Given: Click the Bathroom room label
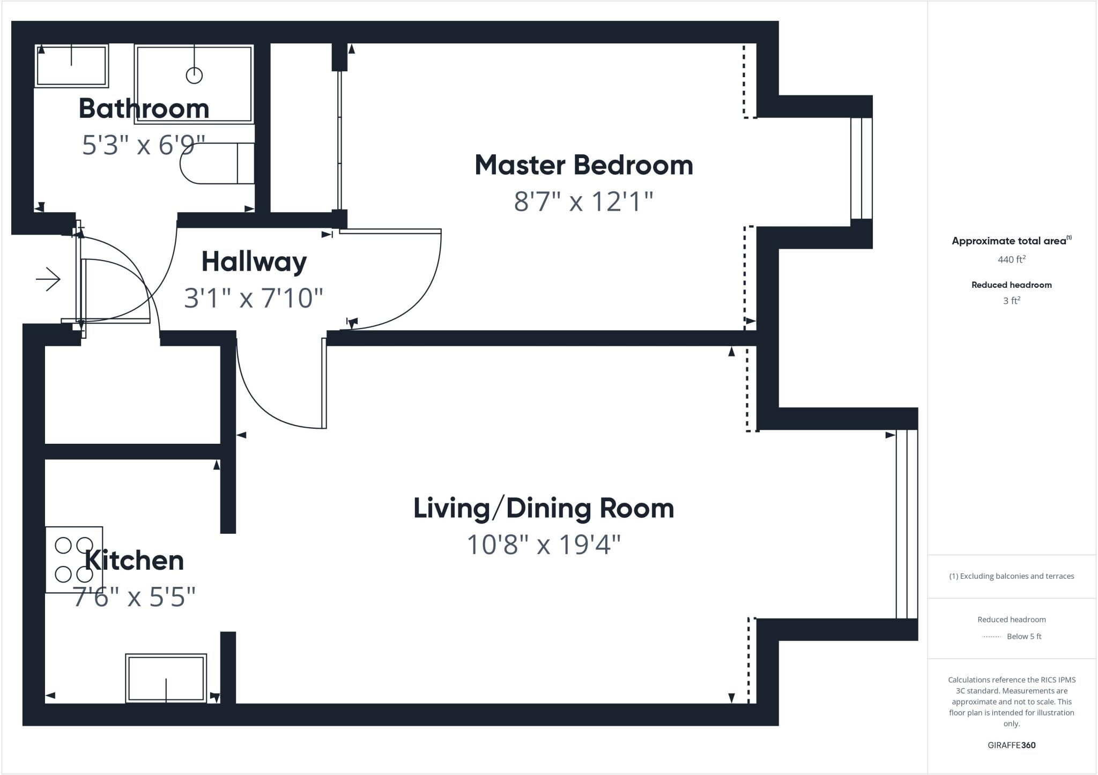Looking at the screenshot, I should (144, 109).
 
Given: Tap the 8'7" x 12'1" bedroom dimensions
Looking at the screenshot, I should (583, 202).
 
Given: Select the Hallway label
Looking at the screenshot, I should (254, 262).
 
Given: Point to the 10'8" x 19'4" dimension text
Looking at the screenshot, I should (543, 545).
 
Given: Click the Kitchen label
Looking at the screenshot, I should (134, 561).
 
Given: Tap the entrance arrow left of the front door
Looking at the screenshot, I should (48, 279).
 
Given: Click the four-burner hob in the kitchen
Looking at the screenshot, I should (74, 560).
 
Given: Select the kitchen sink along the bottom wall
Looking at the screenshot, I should (166, 678).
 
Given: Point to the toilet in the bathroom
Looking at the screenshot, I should (217, 163).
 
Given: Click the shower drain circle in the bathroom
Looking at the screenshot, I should (194, 76).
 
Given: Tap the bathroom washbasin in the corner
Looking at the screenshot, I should (71, 65).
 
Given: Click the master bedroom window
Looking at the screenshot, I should (861, 168).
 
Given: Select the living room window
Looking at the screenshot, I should (906, 524).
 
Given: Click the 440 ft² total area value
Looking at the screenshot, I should (1011, 259).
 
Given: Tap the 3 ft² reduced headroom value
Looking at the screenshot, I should (1011, 301).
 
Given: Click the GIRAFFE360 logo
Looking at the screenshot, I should (1011, 745).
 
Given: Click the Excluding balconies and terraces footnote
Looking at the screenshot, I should (1011, 576).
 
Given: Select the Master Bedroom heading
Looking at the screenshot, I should (583, 165).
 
